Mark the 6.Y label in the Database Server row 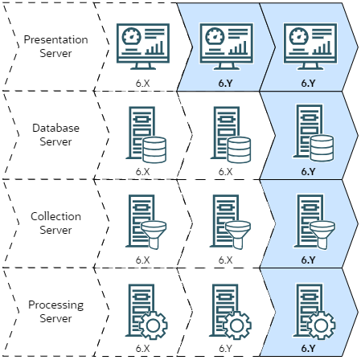[309, 171]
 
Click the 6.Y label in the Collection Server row [309, 260]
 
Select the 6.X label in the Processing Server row [143, 349]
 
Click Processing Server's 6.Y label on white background [225, 349]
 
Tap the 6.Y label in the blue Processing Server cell [309, 349]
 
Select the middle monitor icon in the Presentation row [225, 42]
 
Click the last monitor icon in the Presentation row [309, 42]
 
